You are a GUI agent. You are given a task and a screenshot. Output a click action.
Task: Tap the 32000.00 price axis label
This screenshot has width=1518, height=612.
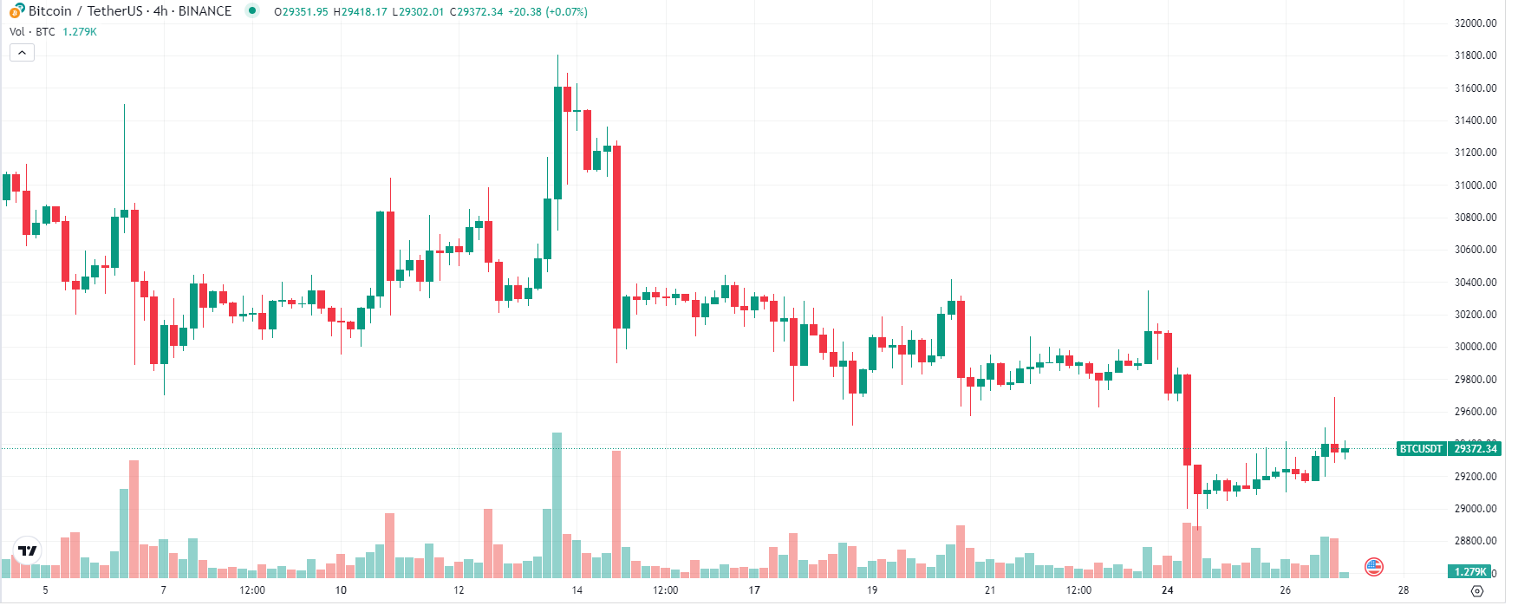1475,23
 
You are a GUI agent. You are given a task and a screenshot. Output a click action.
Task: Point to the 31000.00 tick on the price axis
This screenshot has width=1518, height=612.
1475,186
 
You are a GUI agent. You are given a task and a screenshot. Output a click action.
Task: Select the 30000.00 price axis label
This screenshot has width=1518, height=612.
1475,347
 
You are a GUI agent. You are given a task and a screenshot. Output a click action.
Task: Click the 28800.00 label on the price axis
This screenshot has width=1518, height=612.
1475,541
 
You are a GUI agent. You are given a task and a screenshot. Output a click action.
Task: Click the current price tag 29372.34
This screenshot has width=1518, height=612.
1475,449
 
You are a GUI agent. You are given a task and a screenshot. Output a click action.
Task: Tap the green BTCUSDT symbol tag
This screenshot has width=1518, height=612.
1420,449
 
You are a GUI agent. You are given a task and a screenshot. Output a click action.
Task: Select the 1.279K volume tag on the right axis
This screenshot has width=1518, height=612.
1469,572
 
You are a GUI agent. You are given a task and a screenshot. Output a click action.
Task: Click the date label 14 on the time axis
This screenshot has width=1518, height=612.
577,590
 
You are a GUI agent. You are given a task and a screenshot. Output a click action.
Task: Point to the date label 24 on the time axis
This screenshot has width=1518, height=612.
1167,590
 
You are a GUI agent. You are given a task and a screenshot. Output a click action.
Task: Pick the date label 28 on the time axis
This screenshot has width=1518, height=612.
1403,590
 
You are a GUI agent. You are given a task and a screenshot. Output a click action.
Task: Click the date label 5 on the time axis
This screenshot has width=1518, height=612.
46,590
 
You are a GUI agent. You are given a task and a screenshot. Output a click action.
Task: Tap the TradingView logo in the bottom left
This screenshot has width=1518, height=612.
28,550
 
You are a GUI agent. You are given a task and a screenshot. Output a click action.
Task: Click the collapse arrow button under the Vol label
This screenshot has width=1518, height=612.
22,53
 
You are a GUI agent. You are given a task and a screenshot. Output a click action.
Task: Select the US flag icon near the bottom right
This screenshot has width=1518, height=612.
1373,567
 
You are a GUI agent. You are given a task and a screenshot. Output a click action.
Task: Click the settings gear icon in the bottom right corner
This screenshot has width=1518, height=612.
1477,591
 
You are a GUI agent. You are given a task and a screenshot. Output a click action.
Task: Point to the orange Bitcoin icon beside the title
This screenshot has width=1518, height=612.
16,11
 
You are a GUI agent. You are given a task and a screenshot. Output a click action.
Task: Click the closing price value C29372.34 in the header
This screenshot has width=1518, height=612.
476,12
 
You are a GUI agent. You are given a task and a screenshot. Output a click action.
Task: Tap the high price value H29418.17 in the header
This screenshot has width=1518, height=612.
360,12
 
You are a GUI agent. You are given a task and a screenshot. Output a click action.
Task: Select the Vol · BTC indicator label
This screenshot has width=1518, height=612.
32,32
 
